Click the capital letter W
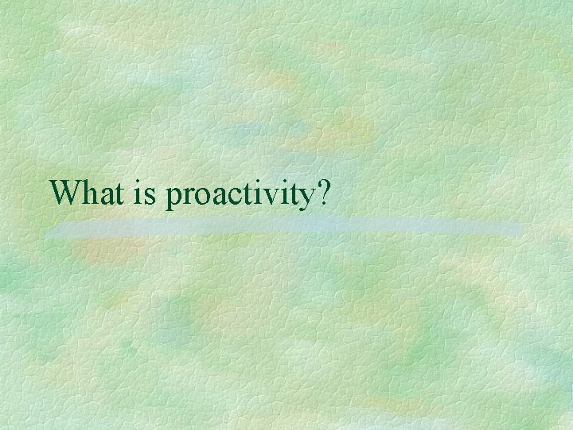click(64, 192)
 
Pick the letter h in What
click(87, 192)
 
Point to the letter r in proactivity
click(188, 196)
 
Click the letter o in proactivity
click(201, 196)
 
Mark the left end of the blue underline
click(48, 231)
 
